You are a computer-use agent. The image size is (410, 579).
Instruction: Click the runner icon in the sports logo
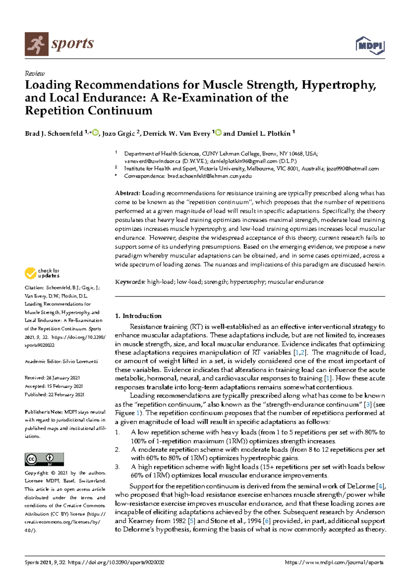pyautogui.click(x=36, y=44)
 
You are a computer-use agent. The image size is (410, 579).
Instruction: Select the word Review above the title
pyautogui.click(x=35, y=73)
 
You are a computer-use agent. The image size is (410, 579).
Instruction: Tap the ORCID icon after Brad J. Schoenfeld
pyautogui.click(x=95, y=133)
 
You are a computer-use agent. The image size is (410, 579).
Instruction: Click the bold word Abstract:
pyautogui.click(x=128, y=193)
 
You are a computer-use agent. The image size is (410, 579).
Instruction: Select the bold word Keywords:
pyautogui.click(x=130, y=282)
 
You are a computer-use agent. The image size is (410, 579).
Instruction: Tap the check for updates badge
pyautogui.click(x=42, y=273)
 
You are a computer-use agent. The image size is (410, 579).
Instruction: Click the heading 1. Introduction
pyautogui.click(x=138, y=316)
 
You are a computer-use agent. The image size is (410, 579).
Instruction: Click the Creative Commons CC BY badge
pyautogui.click(x=44, y=459)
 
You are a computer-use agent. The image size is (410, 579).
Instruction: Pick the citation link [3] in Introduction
pyautogui.click(x=368, y=405)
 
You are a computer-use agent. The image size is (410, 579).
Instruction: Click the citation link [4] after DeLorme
pyautogui.click(x=380, y=486)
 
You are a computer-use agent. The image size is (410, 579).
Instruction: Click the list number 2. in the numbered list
pyautogui.click(x=117, y=450)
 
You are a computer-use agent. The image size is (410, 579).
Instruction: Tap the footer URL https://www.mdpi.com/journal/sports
pyautogui.click(x=334, y=563)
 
